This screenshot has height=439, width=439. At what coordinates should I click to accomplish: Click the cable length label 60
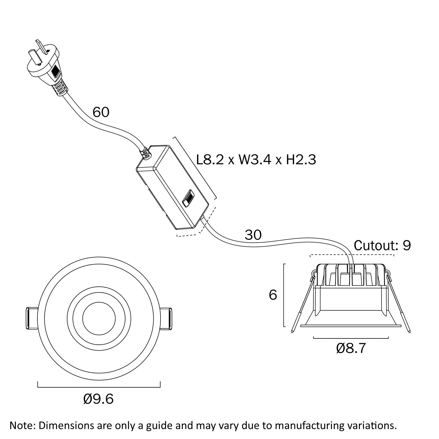(101, 112)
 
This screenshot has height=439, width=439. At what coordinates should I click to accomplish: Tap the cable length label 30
(253, 235)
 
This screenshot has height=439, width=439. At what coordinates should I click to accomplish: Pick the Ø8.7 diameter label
(351, 349)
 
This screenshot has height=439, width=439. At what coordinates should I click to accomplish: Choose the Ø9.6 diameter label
(98, 399)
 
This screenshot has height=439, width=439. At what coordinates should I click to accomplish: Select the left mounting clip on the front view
(31, 318)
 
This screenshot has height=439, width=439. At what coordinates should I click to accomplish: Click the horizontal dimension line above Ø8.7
(351, 338)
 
